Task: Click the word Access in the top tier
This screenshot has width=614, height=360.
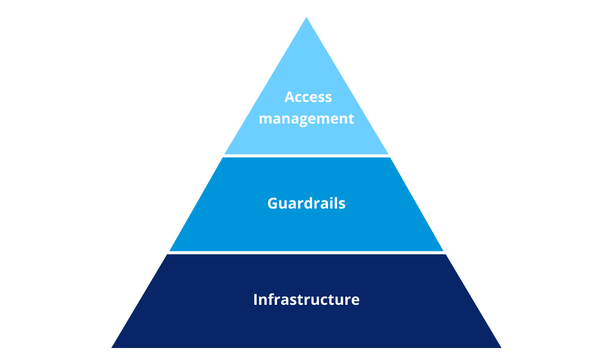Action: coord(308,97)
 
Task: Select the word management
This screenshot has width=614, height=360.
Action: coord(306,119)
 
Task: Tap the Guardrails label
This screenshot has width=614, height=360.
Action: coord(306,203)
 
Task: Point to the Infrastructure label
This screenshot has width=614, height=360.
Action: coord(306,299)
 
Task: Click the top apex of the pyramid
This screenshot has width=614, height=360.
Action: coord(306,17)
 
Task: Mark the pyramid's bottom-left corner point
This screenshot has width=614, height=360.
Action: coord(112,347)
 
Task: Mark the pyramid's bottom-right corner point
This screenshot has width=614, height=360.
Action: coord(501,347)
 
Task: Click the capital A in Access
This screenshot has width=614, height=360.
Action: coord(290,97)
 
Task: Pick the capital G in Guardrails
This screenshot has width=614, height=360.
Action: coord(273,203)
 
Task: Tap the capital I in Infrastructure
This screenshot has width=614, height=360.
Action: coord(255,299)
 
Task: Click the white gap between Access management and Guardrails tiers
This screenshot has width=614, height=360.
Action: coord(306,156)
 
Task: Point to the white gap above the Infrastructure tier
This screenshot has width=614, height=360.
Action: coord(306,253)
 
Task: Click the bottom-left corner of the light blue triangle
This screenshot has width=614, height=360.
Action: coord(225,154)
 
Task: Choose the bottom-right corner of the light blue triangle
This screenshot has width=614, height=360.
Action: coord(388,154)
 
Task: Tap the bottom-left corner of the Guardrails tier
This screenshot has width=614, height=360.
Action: coord(170,251)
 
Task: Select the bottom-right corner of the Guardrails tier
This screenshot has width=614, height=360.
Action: coord(443,251)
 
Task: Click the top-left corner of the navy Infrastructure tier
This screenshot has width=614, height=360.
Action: coord(167,254)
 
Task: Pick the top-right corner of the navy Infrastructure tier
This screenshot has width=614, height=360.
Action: coord(446,254)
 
